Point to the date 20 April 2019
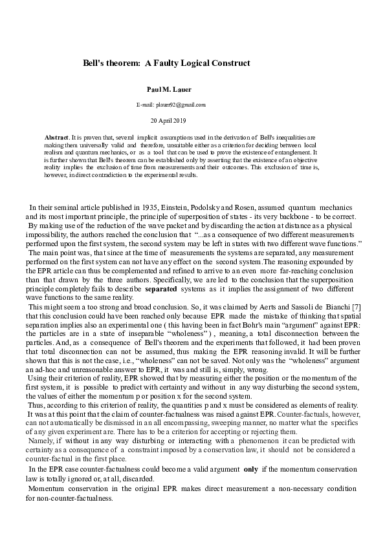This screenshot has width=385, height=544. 171,120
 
